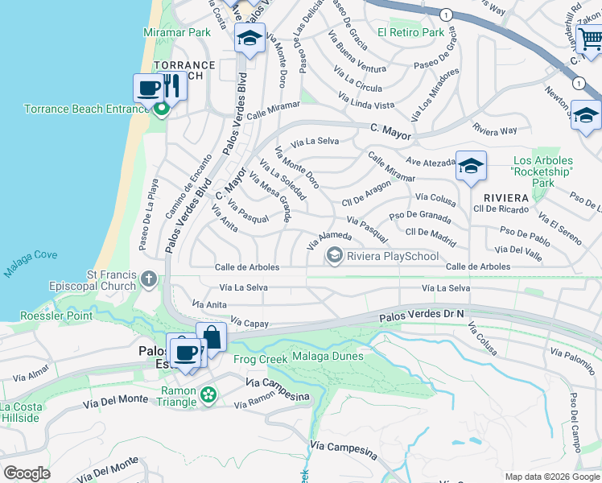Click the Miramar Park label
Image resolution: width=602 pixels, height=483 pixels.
coord(176,32)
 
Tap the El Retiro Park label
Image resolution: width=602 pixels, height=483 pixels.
coord(410,33)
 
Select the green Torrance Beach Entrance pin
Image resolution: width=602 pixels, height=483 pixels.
coord(162,109)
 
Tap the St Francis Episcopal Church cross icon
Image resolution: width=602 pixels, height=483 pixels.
coord(148,279)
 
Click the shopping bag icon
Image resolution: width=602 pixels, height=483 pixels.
coord(211,336)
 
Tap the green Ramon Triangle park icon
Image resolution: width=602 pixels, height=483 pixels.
coord(209,394)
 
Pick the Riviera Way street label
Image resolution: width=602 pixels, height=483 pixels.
coord(495,130)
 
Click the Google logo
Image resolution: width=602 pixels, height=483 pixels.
coord(27,473)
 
